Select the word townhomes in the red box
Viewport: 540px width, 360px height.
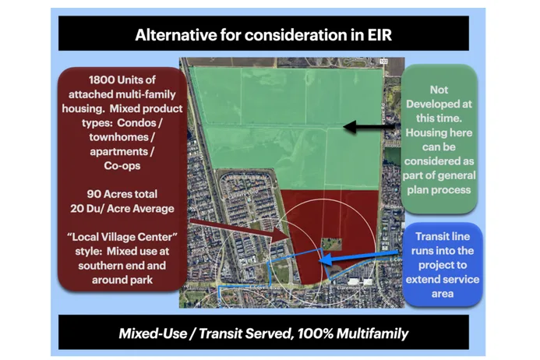coord(118,137)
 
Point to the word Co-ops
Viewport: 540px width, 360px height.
coord(122,166)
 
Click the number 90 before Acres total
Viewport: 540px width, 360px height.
coord(94,194)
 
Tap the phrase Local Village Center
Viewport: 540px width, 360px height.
coord(122,237)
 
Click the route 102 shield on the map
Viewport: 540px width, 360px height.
coord(383,62)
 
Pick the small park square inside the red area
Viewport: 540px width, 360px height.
coord(332,244)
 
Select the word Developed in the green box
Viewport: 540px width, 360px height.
coord(439,104)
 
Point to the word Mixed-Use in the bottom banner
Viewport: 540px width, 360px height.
coord(153,334)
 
